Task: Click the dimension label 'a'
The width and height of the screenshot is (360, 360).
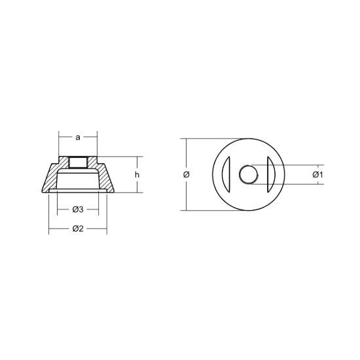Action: pyautogui.click(x=78, y=137)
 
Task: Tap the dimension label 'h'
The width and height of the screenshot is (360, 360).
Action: pyautogui.click(x=137, y=175)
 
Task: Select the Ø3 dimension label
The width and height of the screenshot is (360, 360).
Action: pyautogui.click(x=78, y=209)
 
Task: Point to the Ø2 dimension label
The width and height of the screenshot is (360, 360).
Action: pyautogui.click(x=78, y=228)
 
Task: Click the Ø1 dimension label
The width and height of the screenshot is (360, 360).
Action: pyautogui.click(x=317, y=175)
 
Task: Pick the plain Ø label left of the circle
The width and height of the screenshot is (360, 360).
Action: pyautogui.click(x=187, y=175)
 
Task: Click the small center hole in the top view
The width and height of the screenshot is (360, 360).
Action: pyautogui.click(x=249, y=175)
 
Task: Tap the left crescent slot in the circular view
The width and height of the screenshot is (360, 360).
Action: pyautogui.click(x=225, y=175)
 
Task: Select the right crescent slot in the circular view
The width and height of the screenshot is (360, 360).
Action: pyautogui.click(x=272, y=175)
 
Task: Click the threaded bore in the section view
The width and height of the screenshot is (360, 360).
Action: pyautogui.click(x=78, y=162)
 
